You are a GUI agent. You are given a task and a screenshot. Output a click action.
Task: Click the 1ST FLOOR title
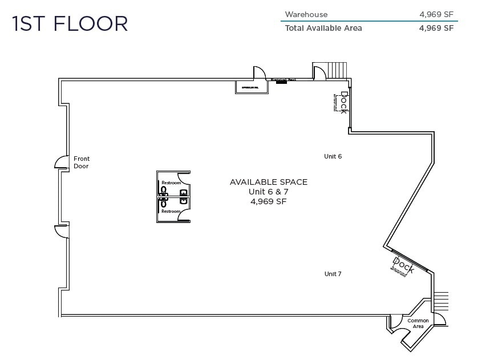coord(70,24)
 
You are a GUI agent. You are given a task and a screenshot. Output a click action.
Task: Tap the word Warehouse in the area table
coord(306,15)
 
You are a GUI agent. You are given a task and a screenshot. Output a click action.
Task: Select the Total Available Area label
coord(323,28)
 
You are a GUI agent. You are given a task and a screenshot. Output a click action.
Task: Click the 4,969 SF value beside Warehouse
coord(436,15)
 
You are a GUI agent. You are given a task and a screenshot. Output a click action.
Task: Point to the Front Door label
coord(82,163)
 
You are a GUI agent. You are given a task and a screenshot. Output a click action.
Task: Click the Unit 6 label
coord(333,156)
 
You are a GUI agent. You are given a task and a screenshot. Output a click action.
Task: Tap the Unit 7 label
coord(333,274)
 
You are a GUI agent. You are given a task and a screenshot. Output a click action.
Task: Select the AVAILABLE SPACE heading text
coord(268,182)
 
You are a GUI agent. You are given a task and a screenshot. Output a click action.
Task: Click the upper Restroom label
coord(171,183)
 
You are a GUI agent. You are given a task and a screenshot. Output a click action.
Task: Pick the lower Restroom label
coord(171,212)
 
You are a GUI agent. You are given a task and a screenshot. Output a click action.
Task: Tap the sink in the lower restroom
coord(184,201)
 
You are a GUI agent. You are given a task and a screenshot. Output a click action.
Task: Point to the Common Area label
coord(418,323)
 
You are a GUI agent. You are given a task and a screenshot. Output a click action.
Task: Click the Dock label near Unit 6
coord(343,102)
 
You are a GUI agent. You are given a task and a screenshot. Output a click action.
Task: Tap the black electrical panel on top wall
coord(281,82)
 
